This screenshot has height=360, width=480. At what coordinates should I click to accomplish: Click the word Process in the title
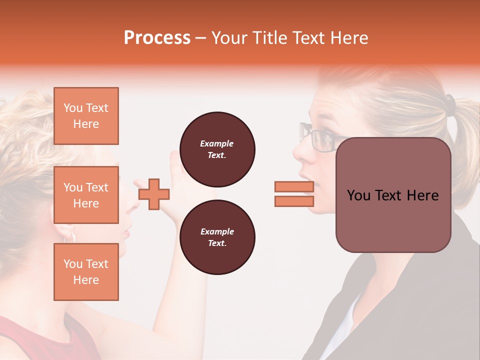pyautogui.click(x=157, y=38)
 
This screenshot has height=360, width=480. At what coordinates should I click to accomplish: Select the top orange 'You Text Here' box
pyautogui.click(x=86, y=116)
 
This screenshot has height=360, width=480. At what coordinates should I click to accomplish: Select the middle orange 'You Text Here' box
pyautogui.click(x=86, y=195)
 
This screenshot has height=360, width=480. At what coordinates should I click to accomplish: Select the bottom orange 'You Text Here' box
pyautogui.click(x=86, y=272)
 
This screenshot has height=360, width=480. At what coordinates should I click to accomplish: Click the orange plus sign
pyautogui.click(x=153, y=194)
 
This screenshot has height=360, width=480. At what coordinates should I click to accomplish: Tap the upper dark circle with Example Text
pyautogui.click(x=217, y=149)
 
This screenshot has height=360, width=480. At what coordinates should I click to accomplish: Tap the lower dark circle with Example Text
pyautogui.click(x=217, y=237)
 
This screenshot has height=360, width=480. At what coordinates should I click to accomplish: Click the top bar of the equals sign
pyautogui.click(x=294, y=187)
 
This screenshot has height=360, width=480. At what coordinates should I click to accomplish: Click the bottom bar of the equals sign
pyautogui.click(x=294, y=201)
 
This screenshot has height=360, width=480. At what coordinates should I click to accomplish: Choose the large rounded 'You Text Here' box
pyautogui.click(x=393, y=195)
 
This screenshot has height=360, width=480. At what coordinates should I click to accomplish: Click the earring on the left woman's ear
pyautogui.click(x=69, y=236)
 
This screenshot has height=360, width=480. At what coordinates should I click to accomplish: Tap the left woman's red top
pyautogui.click(x=25, y=340)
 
